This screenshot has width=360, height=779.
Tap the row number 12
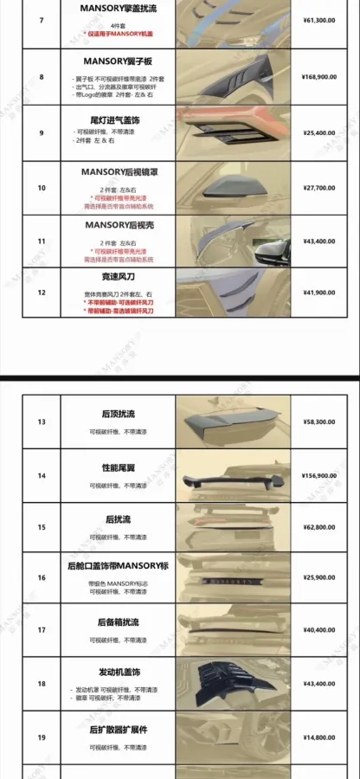pyautogui.click(x=42, y=293)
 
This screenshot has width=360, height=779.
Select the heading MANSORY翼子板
pyautogui.click(x=117, y=62)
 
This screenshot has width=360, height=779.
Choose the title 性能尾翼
pyautogui.click(x=117, y=466)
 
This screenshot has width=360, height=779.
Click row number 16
pyautogui.click(x=42, y=576)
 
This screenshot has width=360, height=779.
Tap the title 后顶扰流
pyautogui.click(x=117, y=413)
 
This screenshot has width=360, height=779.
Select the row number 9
pyautogui.click(x=42, y=132)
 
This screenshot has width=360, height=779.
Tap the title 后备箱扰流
pyautogui.click(x=117, y=621)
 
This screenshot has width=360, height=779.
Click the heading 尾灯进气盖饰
pyautogui.click(x=117, y=120)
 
